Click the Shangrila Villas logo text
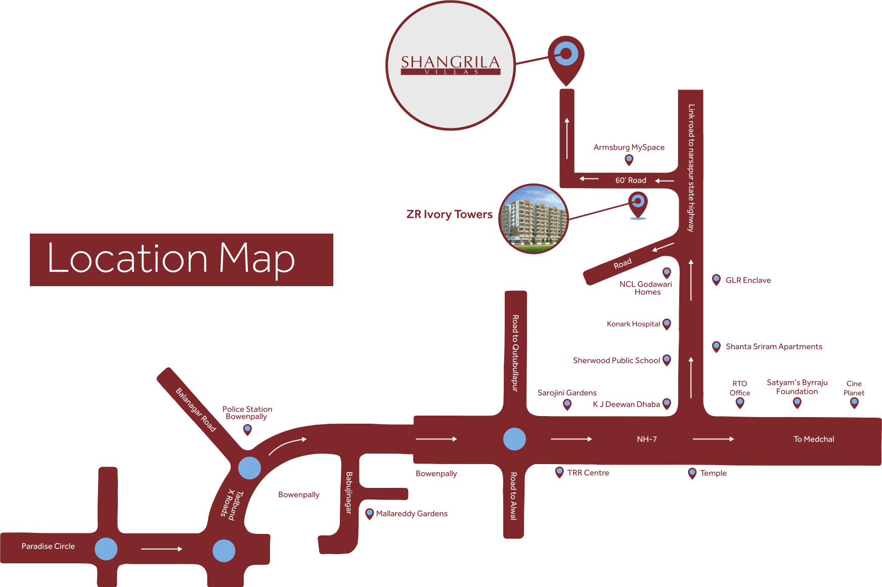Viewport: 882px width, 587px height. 450,64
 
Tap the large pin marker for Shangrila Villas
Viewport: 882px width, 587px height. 566,57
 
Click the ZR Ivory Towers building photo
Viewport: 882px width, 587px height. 534,219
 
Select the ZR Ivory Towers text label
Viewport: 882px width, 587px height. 449,214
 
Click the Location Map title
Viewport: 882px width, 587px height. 171,259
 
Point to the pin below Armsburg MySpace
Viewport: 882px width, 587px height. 629,160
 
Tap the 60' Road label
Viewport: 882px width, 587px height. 631,180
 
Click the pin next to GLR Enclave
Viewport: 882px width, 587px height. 716,279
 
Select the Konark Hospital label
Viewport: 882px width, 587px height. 633,324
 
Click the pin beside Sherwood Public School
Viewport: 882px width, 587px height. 667,359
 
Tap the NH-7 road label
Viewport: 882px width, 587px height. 647,439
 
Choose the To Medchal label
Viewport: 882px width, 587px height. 814,439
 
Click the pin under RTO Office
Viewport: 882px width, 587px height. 740,402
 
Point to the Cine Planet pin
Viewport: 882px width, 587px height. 854,402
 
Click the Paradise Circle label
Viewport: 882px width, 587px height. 48,546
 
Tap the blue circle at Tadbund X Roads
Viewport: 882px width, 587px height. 249,468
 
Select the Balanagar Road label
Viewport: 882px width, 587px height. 195,410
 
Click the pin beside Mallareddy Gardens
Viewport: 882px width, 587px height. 370,514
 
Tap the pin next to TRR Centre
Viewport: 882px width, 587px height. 559,472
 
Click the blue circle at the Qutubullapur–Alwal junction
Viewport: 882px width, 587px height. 514,439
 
